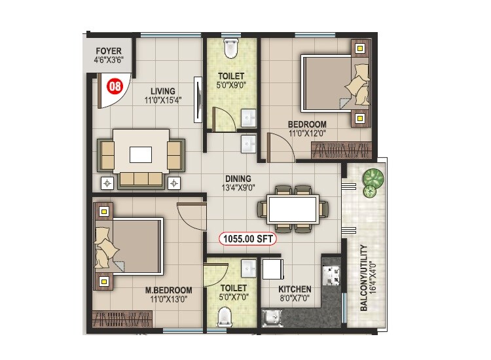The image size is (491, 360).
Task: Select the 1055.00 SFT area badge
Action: tap(248, 240)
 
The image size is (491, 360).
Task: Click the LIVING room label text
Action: tap(162, 92)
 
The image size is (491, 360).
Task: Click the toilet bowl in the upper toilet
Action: tap(230, 48)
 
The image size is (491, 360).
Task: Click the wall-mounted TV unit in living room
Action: tap(196, 100)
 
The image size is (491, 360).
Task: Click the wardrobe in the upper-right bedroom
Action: tap(341, 151)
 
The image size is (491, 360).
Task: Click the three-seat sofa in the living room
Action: tap(140, 179)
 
